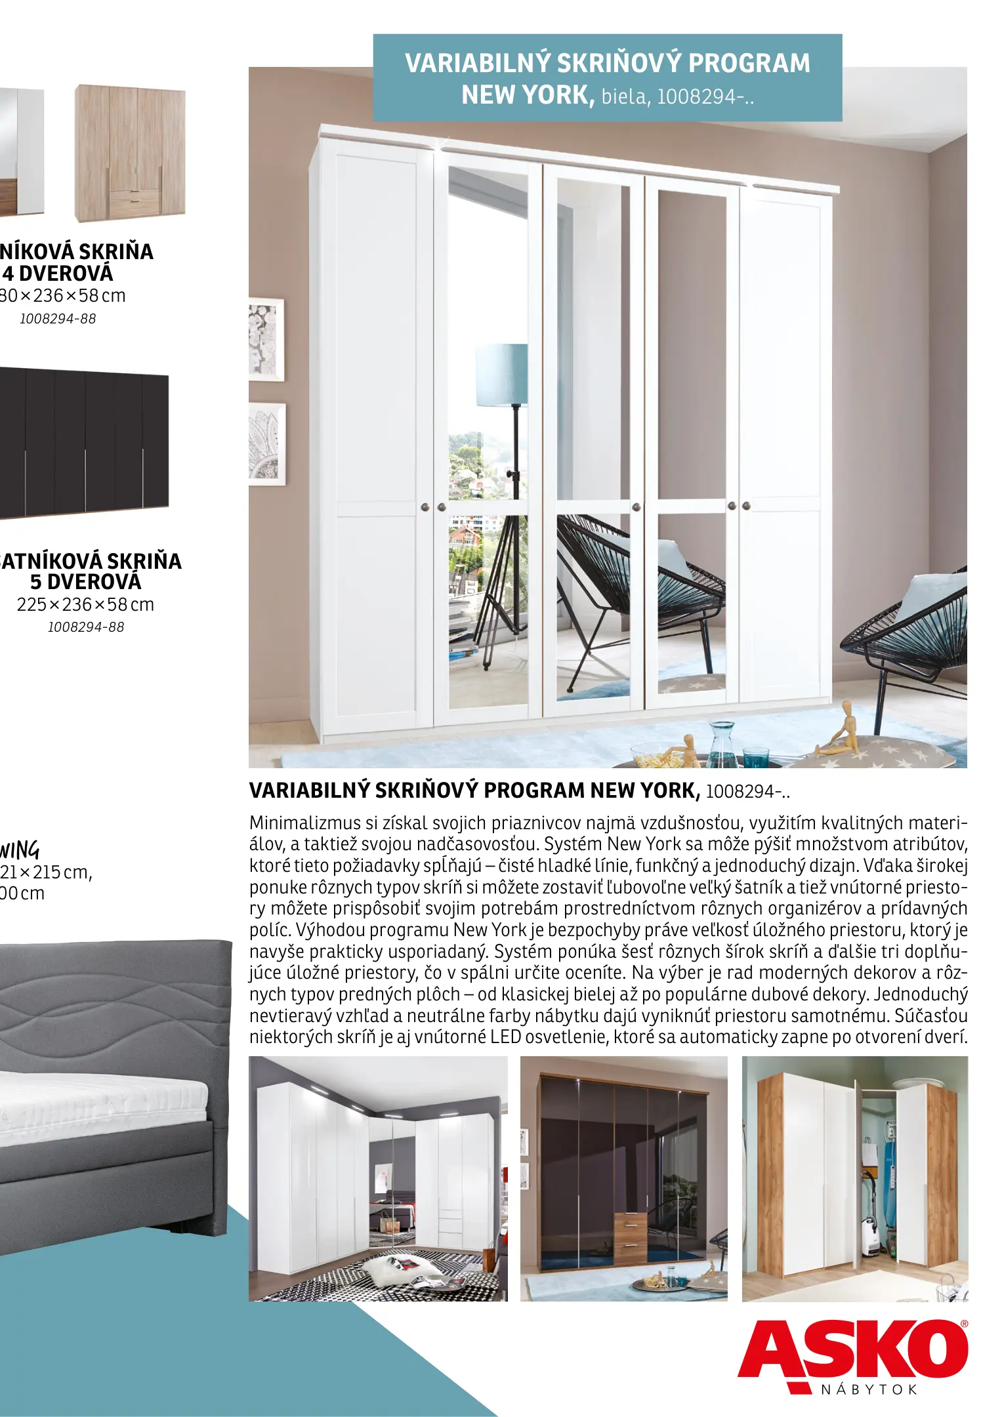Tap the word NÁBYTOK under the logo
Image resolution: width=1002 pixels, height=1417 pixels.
point(868,1389)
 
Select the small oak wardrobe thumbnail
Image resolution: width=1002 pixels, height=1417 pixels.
point(129,153)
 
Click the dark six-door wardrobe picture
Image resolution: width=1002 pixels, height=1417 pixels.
point(83,443)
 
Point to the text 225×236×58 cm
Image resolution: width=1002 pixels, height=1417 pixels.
point(85,604)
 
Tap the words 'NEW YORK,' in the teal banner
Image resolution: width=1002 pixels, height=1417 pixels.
point(528,95)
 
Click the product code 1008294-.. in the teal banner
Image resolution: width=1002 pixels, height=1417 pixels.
point(705,97)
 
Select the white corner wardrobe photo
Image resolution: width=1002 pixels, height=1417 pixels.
point(377,1178)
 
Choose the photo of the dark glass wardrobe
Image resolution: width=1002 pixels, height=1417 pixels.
point(623,1178)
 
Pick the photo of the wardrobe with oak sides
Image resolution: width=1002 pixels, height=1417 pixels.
point(854,1178)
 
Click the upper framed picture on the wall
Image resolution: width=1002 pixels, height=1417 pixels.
point(266,340)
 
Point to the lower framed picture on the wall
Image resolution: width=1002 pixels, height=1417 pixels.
point(267,444)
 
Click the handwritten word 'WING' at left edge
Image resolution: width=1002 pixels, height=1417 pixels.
point(20,850)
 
